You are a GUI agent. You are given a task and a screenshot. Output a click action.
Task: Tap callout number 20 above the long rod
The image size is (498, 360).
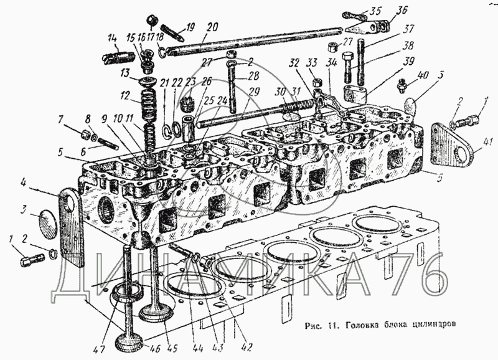point(212,27)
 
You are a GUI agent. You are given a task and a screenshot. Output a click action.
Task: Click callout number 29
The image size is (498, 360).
point(254,92)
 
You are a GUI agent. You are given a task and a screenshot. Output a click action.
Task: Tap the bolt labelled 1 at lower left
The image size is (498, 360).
point(32,257)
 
